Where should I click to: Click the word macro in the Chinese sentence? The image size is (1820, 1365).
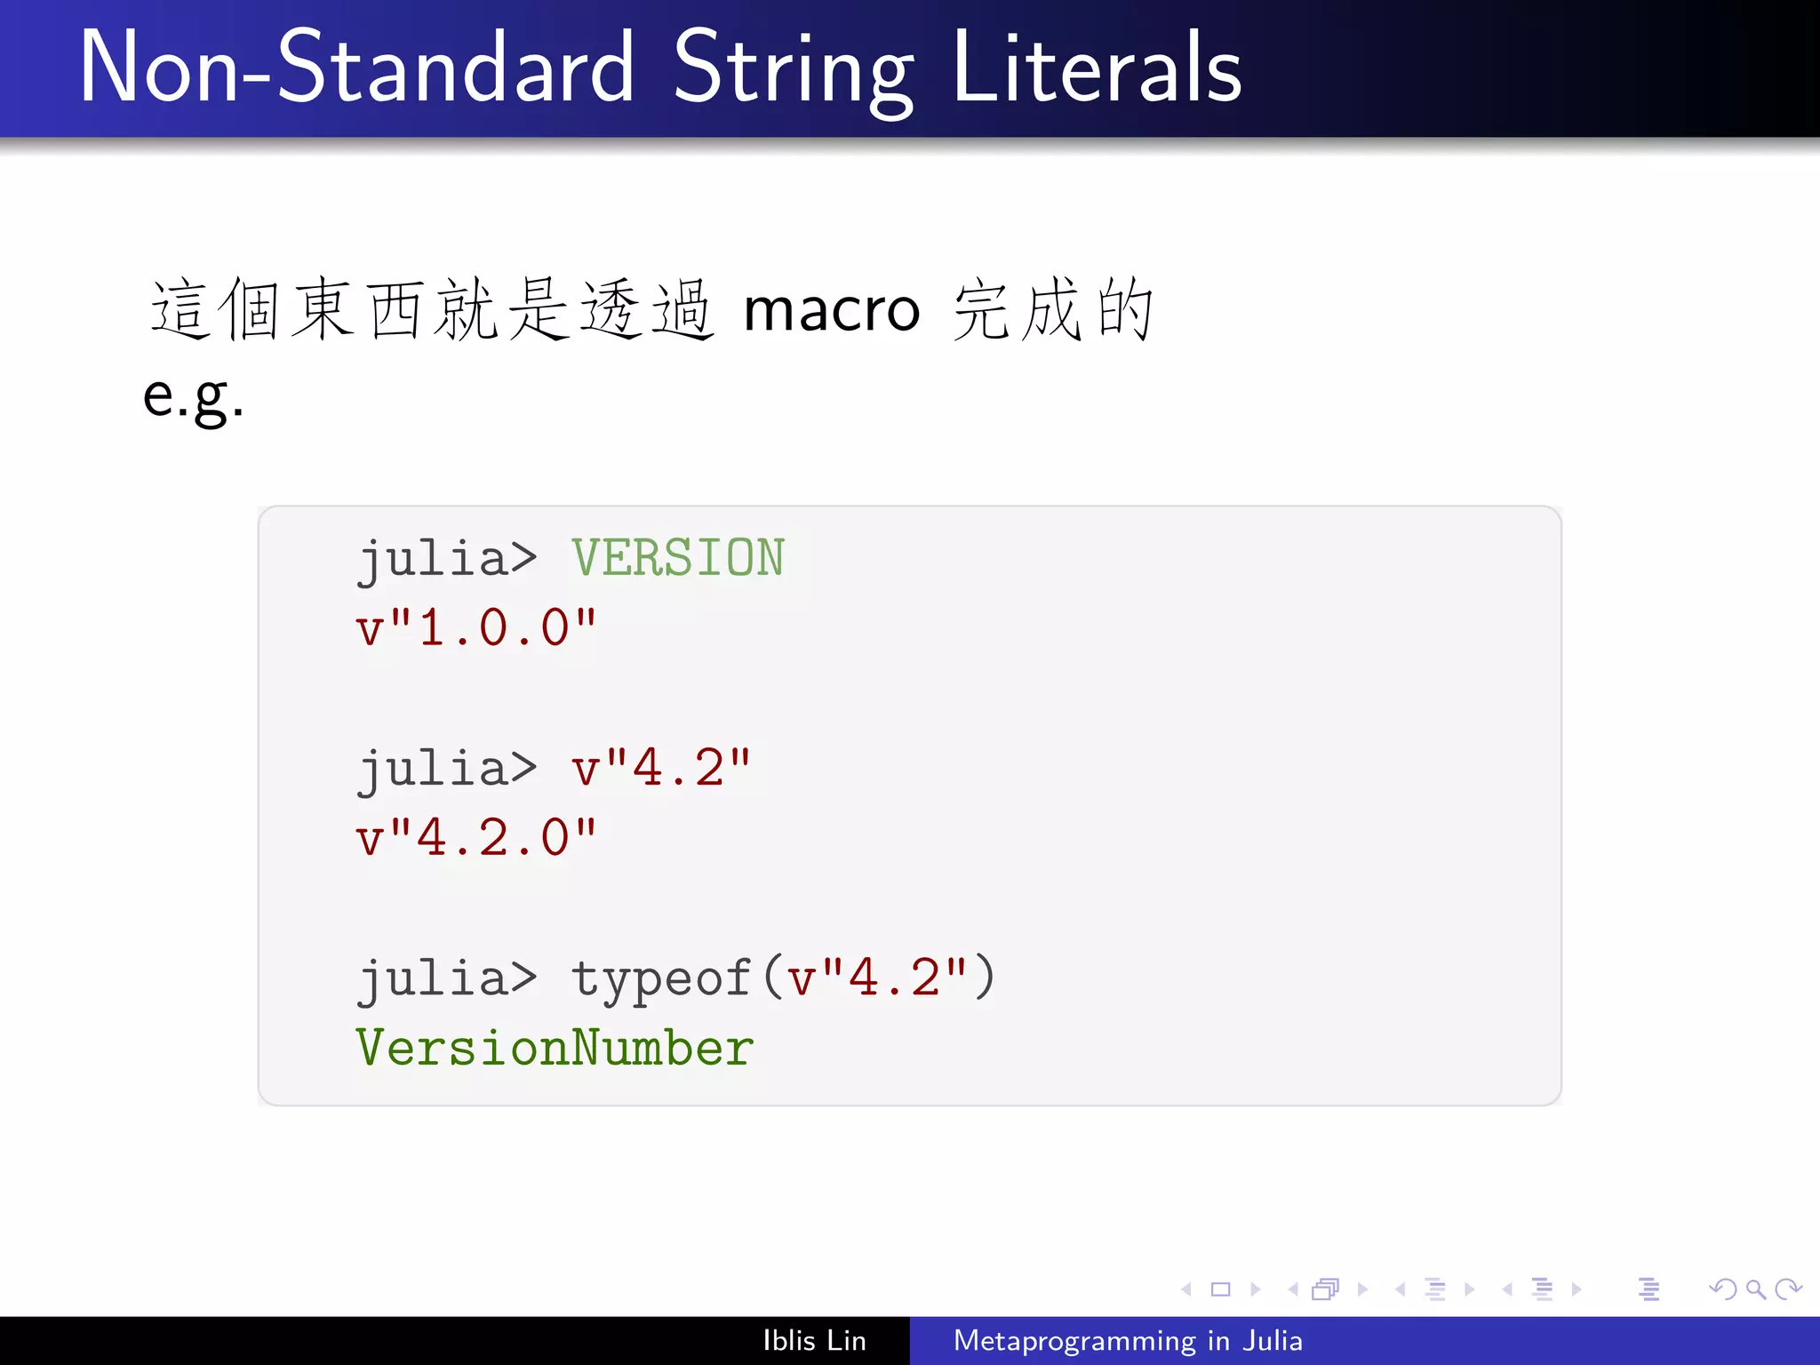tap(831, 311)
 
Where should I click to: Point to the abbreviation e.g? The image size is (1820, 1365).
tap(193, 396)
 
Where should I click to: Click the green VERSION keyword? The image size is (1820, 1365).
tap(677, 558)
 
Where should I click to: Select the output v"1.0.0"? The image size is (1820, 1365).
tap(475, 628)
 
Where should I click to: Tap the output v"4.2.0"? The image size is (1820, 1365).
tap(475, 838)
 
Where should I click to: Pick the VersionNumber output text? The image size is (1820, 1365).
tap(555, 1049)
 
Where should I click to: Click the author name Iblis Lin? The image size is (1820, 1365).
tap(814, 1340)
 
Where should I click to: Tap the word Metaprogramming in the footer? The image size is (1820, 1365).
tap(1074, 1340)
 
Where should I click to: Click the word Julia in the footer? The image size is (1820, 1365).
tap(1273, 1340)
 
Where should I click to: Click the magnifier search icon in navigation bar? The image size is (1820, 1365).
tap(1755, 1289)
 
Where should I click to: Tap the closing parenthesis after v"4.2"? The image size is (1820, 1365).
tap(984, 978)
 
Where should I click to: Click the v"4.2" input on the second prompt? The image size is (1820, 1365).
tap(661, 769)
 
